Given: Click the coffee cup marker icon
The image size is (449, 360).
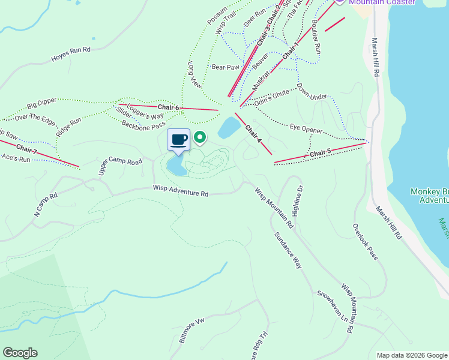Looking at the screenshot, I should [x=178, y=140].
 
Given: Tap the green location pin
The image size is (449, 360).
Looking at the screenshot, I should [x=200, y=139].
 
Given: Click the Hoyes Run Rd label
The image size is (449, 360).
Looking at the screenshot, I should [x=70, y=54].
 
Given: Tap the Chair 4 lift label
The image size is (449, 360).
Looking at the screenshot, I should [x=253, y=133].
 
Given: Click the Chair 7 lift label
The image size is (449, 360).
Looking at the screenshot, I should [x=27, y=148].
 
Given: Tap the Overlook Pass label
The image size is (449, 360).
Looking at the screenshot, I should [x=365, y=242].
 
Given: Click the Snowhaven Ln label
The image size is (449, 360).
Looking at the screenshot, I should [x=333, y=305].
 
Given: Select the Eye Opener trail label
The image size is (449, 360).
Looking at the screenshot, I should [x=306, y=128].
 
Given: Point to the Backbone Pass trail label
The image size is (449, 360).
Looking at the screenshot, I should [x=143, y=125].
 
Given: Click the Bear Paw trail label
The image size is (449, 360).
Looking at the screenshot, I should [x=225, y=67].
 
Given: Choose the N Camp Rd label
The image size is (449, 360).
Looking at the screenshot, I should [x=44, y=204].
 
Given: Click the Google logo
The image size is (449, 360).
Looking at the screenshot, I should [x=20, y=353].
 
